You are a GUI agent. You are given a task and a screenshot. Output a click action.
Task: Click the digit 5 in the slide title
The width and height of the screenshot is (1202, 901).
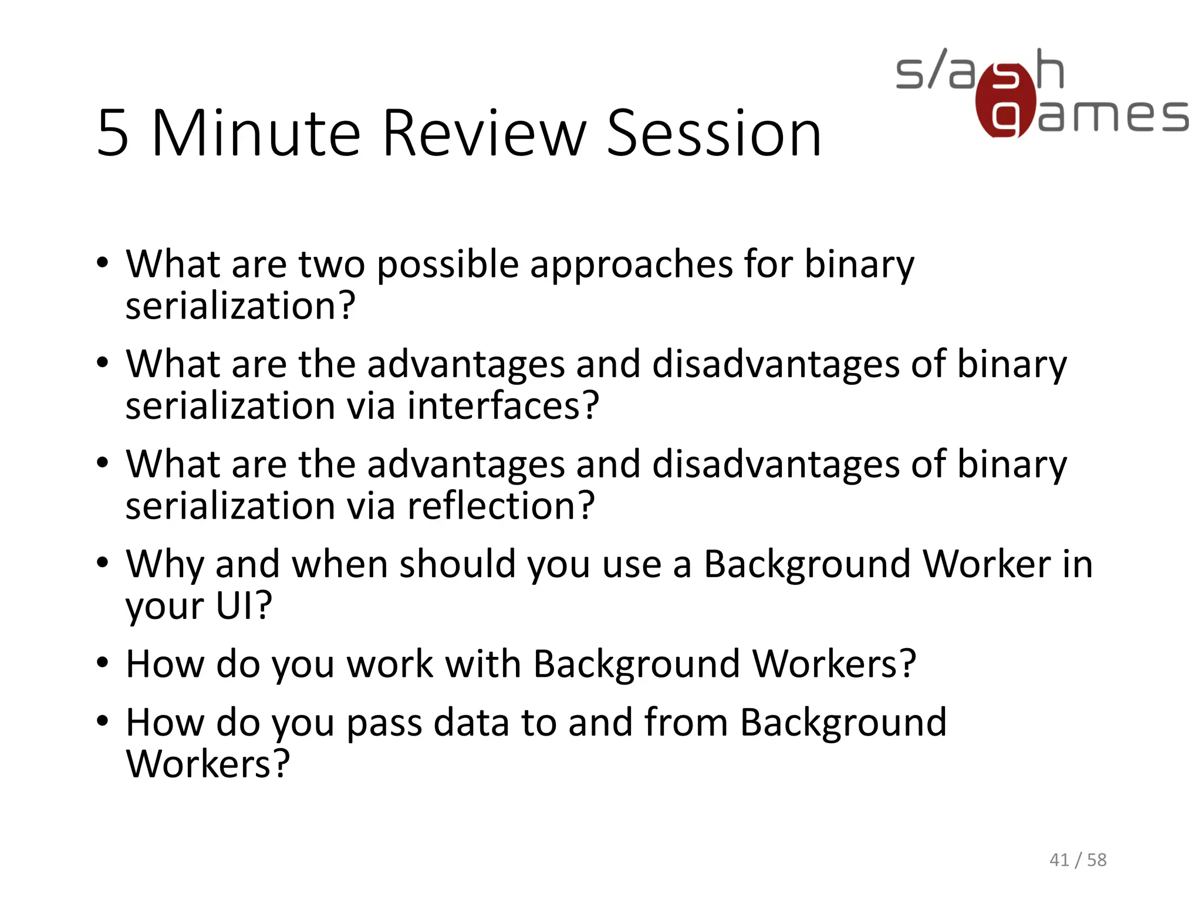[x=113, y=134]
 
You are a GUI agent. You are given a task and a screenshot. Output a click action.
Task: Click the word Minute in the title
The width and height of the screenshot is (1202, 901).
[x=256, y=134]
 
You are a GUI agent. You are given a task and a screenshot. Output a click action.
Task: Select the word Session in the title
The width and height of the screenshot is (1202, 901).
[x=713, y=134]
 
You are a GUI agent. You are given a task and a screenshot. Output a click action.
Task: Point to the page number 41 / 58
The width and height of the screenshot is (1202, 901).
[x=1078, y=860]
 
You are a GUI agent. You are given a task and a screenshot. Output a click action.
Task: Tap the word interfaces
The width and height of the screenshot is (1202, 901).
[x=502, y=405]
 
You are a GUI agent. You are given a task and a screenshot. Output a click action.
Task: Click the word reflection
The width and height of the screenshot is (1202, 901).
[x=501, y=505]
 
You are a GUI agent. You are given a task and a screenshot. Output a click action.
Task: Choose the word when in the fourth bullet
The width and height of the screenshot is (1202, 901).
[x=340, y=564]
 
